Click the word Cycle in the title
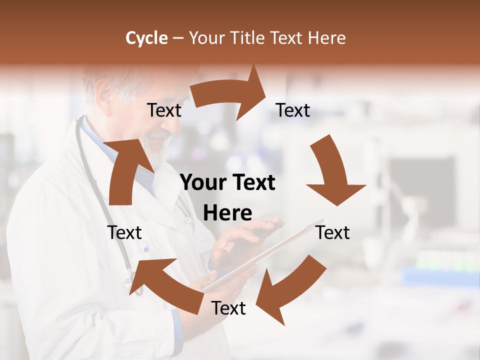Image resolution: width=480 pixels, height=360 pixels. coord(146,38)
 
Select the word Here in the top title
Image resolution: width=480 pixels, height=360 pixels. coord(326,38)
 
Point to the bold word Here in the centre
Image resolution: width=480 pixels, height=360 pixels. coord(227,213)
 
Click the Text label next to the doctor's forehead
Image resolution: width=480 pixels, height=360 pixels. coord(164,110)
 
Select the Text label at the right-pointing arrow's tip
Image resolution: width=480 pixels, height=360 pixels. coord(293,110)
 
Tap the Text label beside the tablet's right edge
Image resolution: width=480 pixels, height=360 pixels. coord(333,232)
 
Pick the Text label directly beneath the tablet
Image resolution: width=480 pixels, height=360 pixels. coord(228,308)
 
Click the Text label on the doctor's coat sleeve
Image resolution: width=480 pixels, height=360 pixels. coord(124,232)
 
